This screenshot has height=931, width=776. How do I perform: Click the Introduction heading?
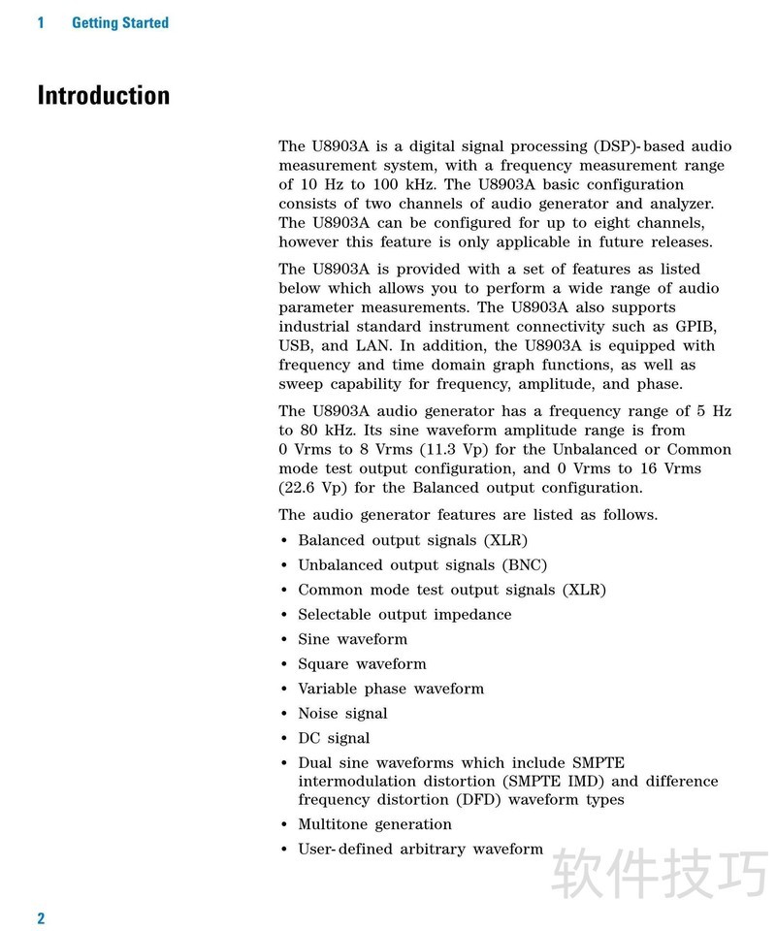[x=104, y=96]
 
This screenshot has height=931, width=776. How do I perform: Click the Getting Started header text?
[x=120, y=22]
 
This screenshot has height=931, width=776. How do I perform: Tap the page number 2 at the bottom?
[x=41, y=917]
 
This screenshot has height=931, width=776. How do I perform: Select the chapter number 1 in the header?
[x=41, y=22]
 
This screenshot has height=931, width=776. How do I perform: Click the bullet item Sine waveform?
[x=352, y=639]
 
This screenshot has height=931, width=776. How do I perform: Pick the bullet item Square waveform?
[x=362, y=664]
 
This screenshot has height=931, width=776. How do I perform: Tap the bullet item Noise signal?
[x=342, y=714]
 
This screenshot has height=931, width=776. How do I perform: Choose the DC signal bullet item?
[x=334, y=738]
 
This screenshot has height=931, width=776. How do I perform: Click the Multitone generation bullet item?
[x=374, y=824]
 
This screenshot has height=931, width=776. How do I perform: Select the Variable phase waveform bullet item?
[x=390, y=689]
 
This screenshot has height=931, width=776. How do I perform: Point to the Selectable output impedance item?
[x=404, y=615]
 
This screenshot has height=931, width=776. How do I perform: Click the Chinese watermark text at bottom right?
[x=660, y=876]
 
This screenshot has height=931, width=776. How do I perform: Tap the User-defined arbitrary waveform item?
[x=420, y=850]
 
